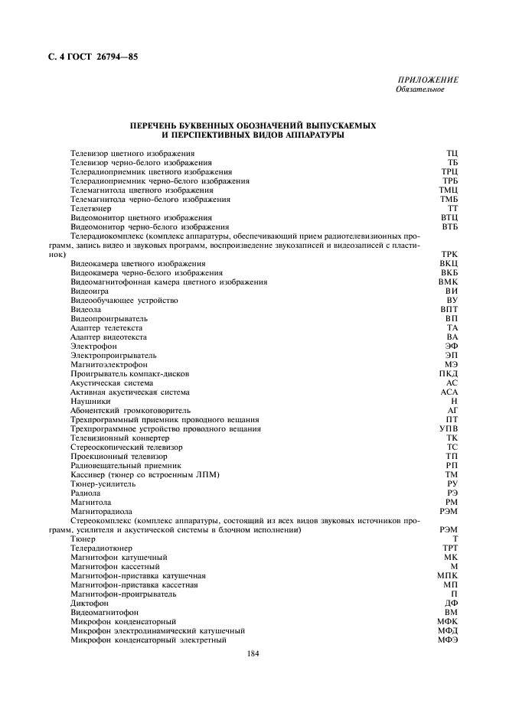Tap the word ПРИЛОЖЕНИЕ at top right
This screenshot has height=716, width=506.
428,80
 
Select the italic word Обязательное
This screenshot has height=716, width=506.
420,89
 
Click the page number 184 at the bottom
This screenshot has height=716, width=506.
253,653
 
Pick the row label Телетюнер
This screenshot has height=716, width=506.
90,208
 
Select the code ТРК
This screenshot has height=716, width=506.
449,254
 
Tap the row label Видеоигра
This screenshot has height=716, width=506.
89,291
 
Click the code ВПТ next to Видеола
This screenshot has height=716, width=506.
449,309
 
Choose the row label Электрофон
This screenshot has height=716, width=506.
93,346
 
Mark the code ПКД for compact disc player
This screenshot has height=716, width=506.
449,373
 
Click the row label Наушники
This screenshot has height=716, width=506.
90,401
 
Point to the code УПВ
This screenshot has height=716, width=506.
449,428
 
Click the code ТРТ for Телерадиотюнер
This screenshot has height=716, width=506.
449,548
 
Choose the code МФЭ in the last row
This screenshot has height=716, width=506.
448,640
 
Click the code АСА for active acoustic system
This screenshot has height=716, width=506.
449,392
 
